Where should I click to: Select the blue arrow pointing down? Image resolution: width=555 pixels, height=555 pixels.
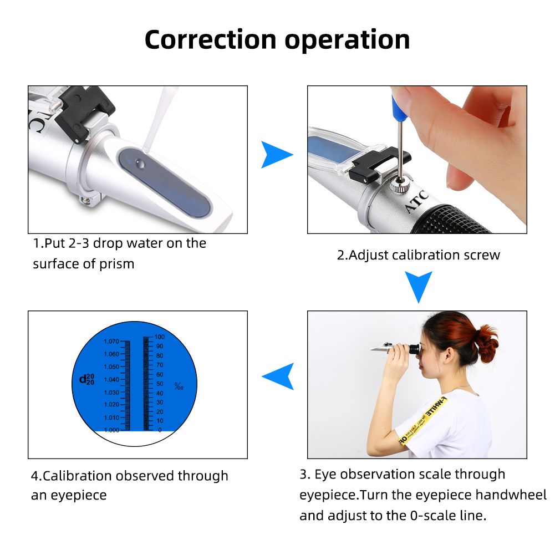[x=419, y=286]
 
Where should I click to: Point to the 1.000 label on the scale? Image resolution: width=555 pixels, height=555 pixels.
[x=111, y=430]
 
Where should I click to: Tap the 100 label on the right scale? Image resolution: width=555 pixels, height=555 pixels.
[x=159, y=337]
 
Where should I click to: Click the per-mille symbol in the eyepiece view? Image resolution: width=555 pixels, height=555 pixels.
[x=178, y=386]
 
